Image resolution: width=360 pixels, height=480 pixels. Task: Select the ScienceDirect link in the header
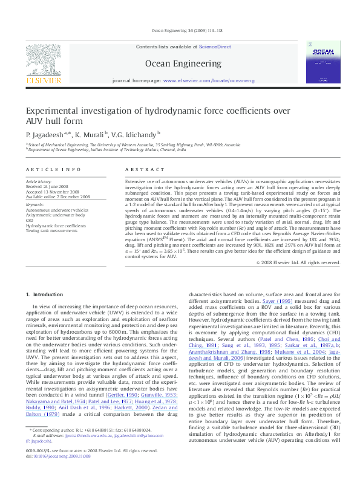tap(215, 47)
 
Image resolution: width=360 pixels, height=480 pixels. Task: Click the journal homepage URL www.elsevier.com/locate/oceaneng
tap(209, 80)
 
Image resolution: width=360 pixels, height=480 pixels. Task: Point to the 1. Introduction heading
tap(44, 294)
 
